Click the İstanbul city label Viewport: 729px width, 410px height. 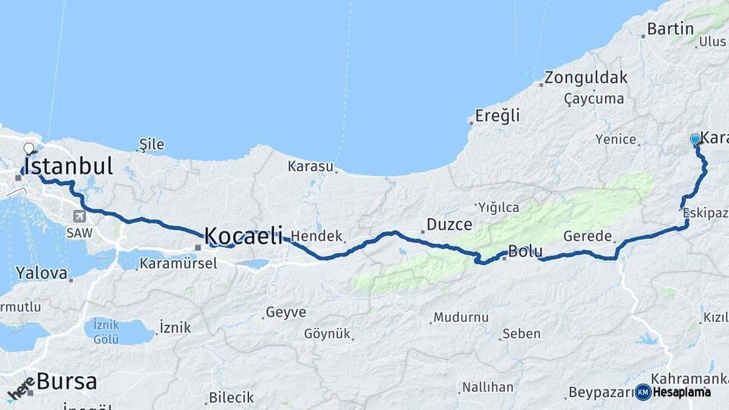68,166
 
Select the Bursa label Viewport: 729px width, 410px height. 66,380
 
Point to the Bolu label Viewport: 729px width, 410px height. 525,251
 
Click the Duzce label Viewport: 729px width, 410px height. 449,225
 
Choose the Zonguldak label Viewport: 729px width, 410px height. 585,77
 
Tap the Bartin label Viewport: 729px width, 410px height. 670,29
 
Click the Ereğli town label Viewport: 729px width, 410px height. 497,116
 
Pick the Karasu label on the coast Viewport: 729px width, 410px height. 310,166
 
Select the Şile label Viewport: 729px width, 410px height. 152,144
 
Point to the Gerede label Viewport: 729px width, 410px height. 587,236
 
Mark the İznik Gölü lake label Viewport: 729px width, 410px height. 106,331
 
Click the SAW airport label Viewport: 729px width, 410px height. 78,216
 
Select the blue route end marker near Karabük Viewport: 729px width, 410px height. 695,140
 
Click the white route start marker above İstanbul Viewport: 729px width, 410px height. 29,149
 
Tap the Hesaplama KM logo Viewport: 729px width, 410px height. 674,392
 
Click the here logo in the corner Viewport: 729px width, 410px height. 21,388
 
